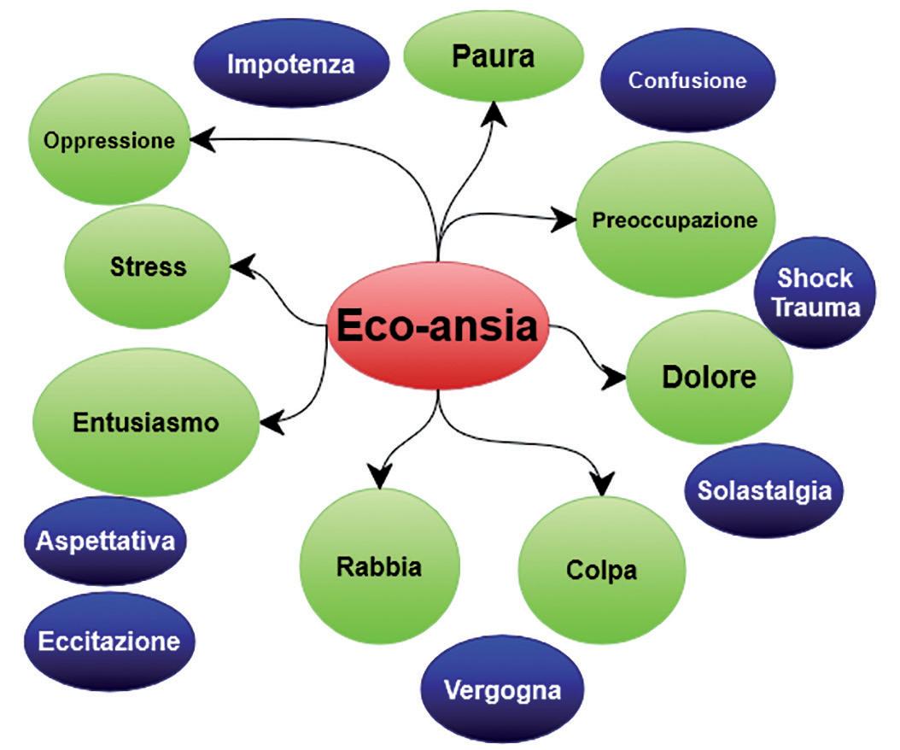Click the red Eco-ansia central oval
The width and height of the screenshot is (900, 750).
438,329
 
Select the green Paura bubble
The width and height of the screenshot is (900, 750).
493,57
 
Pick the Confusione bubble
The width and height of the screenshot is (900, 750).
687,80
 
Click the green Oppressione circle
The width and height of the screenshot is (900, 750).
108,140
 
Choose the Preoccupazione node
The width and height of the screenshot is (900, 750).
675,220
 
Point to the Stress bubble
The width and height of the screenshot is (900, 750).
148,267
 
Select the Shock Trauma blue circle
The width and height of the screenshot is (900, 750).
815,292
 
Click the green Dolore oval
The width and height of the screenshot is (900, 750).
709,377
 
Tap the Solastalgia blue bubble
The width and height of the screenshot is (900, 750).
764,490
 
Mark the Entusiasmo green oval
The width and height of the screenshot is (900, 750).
145,423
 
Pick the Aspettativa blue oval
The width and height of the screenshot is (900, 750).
106,541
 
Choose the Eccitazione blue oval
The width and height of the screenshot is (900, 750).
109,642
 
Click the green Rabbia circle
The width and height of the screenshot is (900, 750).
379,566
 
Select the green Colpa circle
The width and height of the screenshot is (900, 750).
601,570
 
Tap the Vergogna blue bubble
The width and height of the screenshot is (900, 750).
503,690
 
